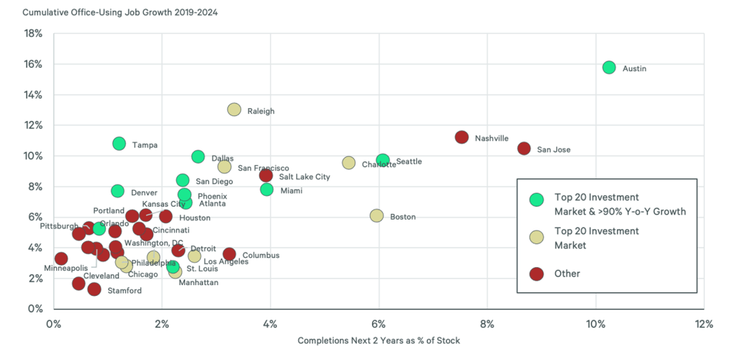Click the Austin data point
[x=609, y=68]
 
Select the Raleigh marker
[x=234, y=110]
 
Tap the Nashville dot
[x=462, y=138]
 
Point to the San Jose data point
[x=524, y=148]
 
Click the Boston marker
[x=376, y=216]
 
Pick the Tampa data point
[x=119, y=144]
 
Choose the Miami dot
[x=267, y=189]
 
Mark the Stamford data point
[x=94, y=289]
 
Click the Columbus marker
[x=229, y=254]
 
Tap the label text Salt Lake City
[x=304, y=176]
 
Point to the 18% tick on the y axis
[x=33, y=34]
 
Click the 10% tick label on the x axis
[x=595, y=323]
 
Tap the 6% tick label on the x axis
[x=379, y=323]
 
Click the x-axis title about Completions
[x=379, y=341]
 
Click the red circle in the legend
[x=536, y=274]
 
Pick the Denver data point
[x=117, y=191]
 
